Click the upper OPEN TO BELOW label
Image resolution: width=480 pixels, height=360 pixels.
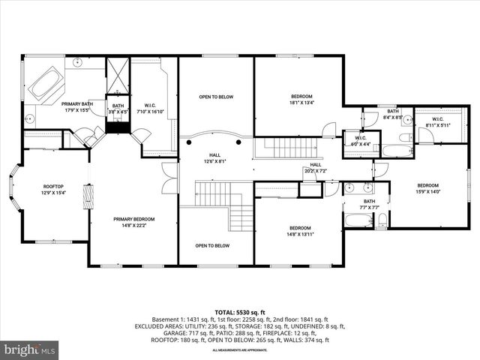coord(215,97)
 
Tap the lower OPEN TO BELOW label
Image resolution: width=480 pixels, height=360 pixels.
coord(212,245)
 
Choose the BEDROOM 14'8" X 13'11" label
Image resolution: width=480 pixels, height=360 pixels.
coord(300,230)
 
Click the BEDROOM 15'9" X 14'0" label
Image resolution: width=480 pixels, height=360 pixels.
coord(427,187)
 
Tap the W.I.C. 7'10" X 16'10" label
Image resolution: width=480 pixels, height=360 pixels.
coord(154,107)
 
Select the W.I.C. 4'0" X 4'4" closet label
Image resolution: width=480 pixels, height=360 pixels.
coord(354,139)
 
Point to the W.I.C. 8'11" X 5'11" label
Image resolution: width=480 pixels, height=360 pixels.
coord(436,121)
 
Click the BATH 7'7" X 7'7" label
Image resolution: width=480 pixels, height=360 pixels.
coord(369,203)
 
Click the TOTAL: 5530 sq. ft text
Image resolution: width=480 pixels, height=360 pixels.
coord(240,311)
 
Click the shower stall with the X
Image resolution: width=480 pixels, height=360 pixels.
coord(118,76)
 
